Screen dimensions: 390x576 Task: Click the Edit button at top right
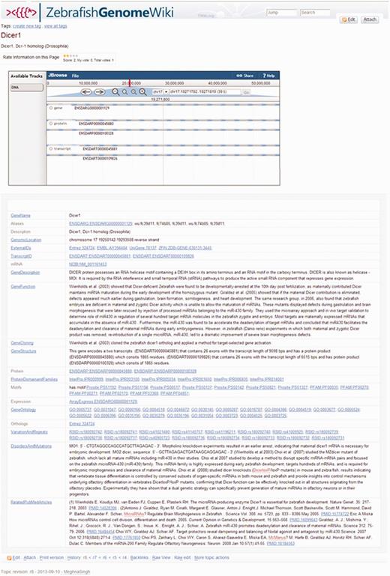click(351, 19)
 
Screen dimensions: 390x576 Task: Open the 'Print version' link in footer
click(52, 558)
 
